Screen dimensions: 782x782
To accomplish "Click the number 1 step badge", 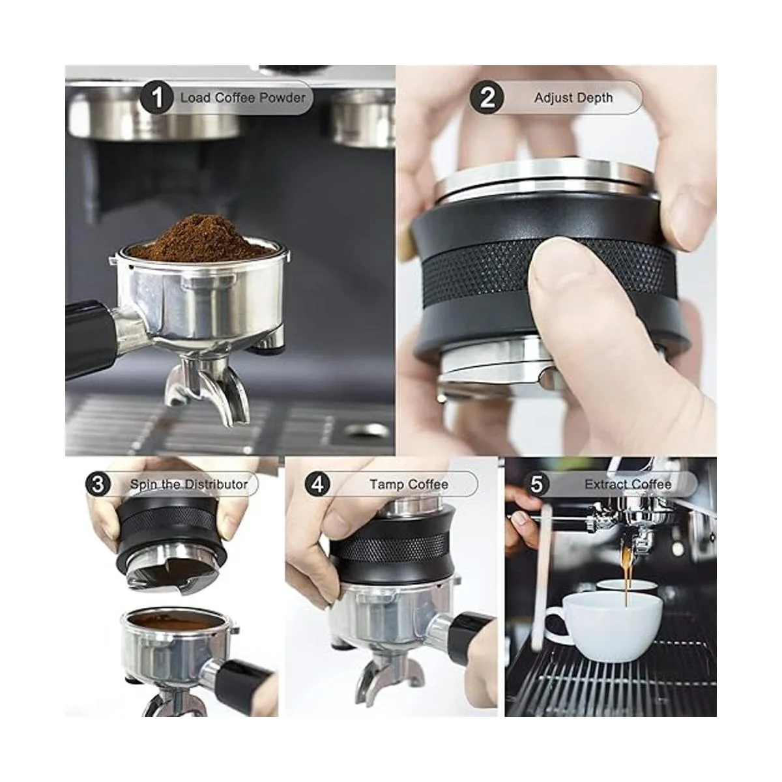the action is point(157,98).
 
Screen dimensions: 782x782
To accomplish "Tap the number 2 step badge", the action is point(487,98).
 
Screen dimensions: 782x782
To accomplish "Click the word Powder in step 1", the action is point(282,98).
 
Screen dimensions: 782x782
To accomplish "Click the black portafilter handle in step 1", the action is point(90,339).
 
